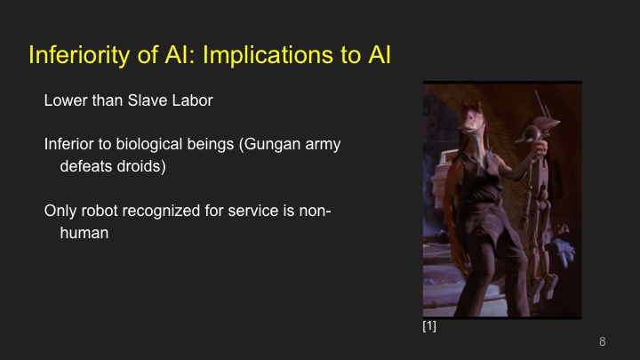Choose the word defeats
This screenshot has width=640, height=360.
click(85, 166)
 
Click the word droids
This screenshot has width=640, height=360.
click(141, 166)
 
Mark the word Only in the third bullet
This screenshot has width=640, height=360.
click(60, 212)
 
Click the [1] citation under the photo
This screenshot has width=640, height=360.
click(429, 327)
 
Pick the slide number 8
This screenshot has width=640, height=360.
click(603, 341)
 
